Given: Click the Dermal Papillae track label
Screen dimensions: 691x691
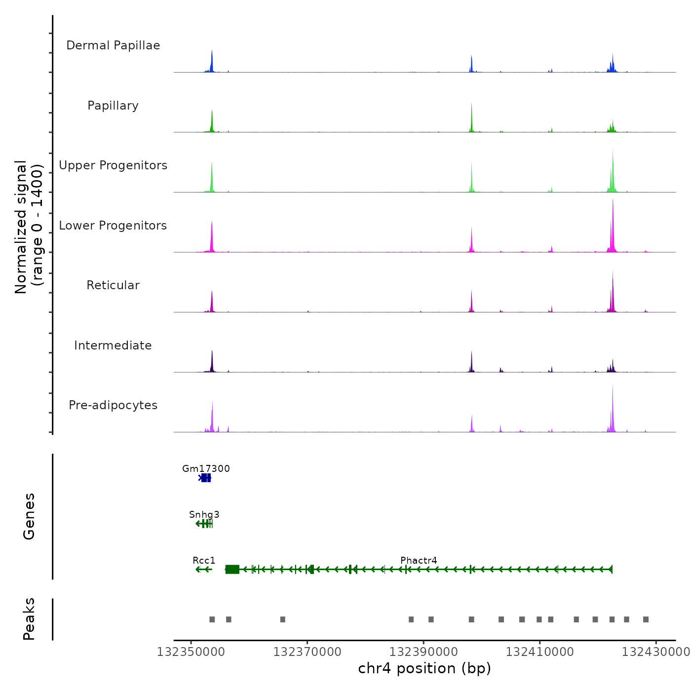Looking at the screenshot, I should pos(113,45).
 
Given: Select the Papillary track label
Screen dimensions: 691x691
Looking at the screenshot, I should pos(113,106).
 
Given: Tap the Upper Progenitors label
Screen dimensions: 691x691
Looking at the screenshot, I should pos(113,165).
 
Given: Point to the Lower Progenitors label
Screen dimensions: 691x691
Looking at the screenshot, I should pos(113,226).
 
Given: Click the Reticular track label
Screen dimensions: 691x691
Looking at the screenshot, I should pos(113,285).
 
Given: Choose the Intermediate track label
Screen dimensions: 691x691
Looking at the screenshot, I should pos(113,345).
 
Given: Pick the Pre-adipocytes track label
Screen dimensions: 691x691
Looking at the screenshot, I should pos(113,405).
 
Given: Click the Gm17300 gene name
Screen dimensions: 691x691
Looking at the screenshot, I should pos(206,468).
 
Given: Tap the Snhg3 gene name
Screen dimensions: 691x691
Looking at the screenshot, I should pos(204,514).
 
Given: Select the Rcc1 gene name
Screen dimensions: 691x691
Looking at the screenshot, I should pos(204,560).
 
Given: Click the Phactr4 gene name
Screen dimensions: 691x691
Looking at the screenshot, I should pos(419,560).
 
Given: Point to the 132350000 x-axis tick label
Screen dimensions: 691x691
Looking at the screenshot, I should pos(191,652).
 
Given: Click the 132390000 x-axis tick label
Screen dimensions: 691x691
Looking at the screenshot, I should pos(423,652).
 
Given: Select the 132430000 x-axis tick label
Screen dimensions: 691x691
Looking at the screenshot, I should pos(655,652).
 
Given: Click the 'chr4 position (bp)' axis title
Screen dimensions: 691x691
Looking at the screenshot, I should pos(424,668).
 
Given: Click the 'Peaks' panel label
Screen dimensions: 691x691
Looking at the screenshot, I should pos(29,619).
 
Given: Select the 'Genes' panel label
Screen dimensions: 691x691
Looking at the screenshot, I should pos(29,516).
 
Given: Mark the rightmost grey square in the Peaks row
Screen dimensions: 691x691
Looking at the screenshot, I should pos(646,619).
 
